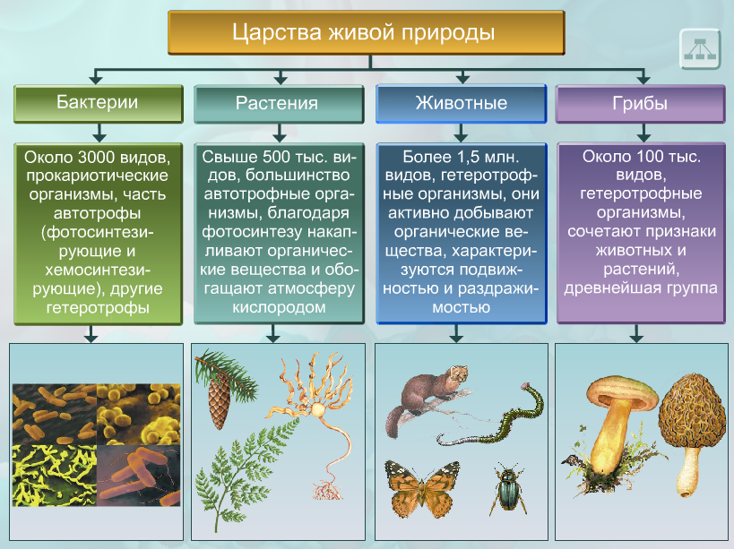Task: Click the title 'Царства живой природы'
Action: [363, 33]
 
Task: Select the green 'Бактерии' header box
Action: [99, 104]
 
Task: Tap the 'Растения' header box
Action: [279, 104]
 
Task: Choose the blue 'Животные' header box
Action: [461, 104]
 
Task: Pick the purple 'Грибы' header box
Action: [641, 104]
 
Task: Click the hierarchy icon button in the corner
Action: [700, 48]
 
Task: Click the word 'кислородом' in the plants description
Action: [279, 307]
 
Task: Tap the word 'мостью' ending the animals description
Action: [461, 307]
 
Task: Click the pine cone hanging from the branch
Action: [219, 399]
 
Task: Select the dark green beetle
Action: [507, 489]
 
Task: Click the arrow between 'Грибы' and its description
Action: [643, 133]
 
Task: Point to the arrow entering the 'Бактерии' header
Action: [96, 76]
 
